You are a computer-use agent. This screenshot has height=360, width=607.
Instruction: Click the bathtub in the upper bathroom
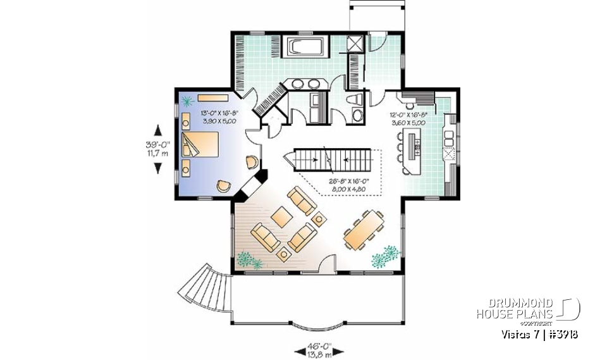point(307,47)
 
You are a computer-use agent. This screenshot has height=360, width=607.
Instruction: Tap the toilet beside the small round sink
point(355,99)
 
